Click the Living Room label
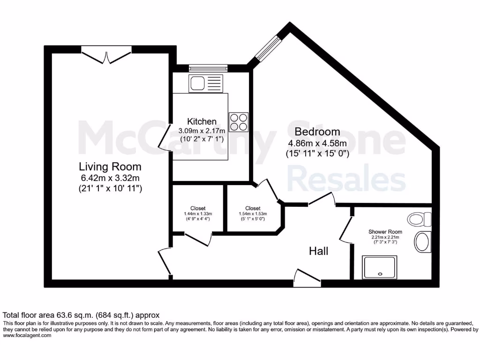(x=110, y=166)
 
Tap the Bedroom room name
(x=317, y=132)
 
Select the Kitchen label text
(x=202, y=121)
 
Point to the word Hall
(x=318, y=251)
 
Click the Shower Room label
(x=385, y=232)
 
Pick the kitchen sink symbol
(x=206, y=84)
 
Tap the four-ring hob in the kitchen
(x=238, y=122)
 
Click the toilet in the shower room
(x=419, y=219)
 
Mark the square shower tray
(x=379, y=267)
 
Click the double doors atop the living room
(x=106, y=55)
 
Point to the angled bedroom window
(x=267, y=49)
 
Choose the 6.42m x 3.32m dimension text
(x=110, y=178)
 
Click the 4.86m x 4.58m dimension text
(x=317, y=143)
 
